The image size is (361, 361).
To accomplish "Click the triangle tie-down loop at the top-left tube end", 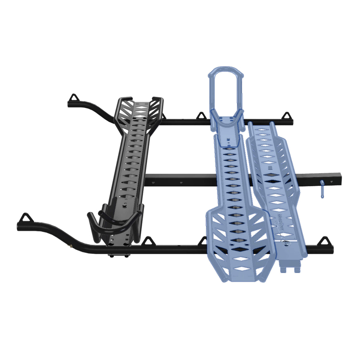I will tap(73, 98).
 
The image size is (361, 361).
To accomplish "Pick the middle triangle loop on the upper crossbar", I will tap(201, 116).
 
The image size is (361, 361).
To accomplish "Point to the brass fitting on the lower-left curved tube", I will tap(70, 245).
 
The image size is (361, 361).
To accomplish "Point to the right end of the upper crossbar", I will tap(292, 122).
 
